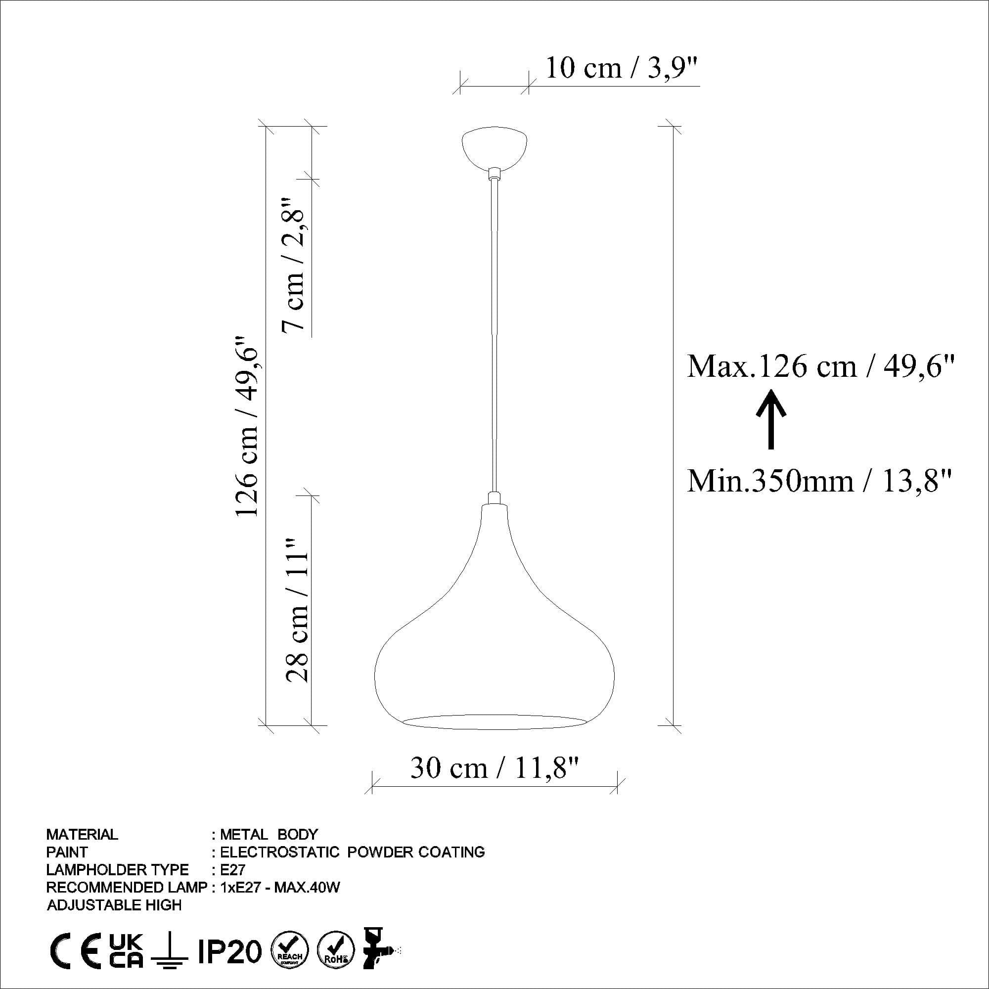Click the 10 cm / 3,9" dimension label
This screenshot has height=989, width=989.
[622, 68]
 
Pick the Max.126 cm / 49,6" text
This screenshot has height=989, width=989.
[821, 366]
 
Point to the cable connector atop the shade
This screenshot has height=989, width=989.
[494, 497]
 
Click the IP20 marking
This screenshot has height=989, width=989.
[229, 951]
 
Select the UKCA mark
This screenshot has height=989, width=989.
[127, 951]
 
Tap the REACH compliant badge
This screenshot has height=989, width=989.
[290, 951]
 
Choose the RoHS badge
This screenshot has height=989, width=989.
[336, 951]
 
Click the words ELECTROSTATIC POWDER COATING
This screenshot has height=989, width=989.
[352, 852]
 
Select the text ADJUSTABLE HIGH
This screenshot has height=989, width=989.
[114, 904]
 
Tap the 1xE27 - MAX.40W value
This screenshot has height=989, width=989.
[280, 887]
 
